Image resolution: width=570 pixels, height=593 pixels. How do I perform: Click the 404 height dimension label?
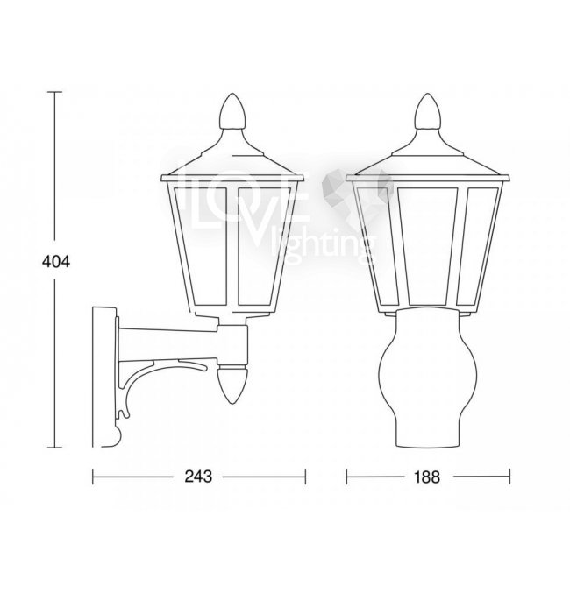point(56,262)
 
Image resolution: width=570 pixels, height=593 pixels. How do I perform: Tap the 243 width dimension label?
point(198,477)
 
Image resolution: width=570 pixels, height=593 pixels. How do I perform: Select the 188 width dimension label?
point(427,477)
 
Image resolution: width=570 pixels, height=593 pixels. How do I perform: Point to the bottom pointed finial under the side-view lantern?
point(232,385)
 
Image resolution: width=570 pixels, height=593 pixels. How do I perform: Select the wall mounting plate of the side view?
point(103,377)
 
